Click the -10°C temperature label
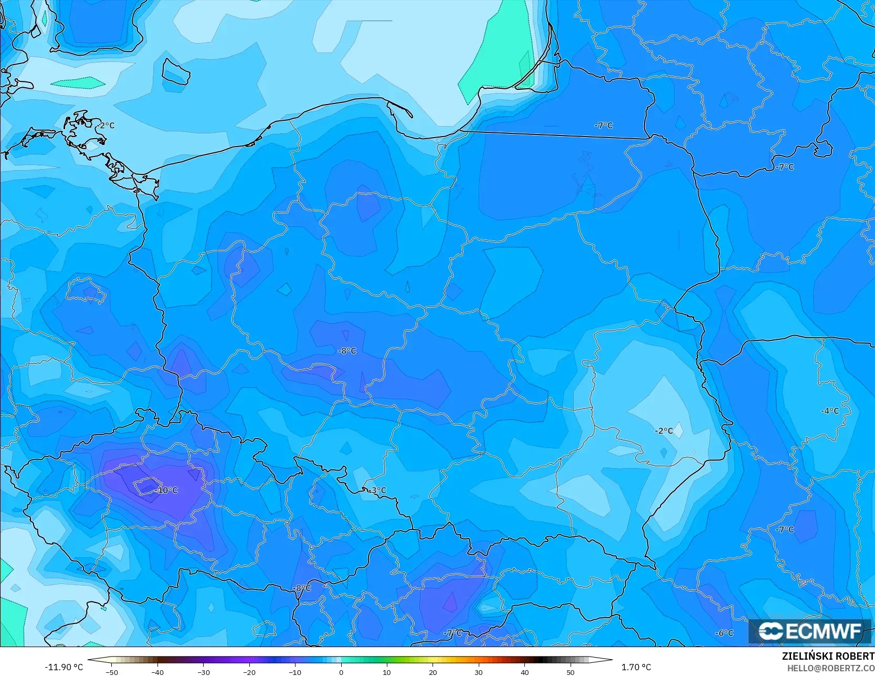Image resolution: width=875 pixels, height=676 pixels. (x=167, y=490)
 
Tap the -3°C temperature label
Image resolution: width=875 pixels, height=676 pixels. (x=377, y=491)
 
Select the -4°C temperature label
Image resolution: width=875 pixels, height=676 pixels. (x=830, y=411)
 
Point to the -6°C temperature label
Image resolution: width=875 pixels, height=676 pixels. (x=724, y=633)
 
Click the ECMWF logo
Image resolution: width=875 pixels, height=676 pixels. (x=810, y=631)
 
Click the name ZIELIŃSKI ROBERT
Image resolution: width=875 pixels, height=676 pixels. (x=828, y=657)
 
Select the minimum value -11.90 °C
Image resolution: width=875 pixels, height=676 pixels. (x=64, y=667)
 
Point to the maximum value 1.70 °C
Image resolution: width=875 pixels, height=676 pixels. (x=636, y=667)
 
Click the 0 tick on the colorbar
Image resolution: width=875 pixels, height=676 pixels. (x=341, y=672)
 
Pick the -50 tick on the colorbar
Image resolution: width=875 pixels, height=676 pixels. (x=111, y=672)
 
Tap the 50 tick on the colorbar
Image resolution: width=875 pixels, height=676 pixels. (x=571, y=672)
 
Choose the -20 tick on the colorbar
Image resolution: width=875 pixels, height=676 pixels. (x=249, y=672)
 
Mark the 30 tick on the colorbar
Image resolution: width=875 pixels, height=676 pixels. (x=479, y=672)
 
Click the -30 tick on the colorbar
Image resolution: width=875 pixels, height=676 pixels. (x=203, y=672)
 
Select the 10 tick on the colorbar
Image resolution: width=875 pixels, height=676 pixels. (x=387, y=672)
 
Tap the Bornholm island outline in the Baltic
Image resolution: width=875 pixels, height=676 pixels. (x=175, y=71)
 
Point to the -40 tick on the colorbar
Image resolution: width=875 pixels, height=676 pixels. (x=157, y=672)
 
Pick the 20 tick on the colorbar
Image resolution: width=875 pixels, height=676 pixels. (x=433, y=672)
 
